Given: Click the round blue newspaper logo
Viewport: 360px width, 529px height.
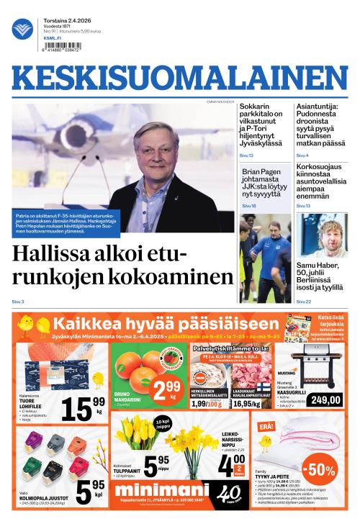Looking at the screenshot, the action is pyautogui.click(x=22, y=29).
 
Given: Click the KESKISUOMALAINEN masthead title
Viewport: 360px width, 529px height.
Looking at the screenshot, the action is pyautogui.click(x=179, y=81).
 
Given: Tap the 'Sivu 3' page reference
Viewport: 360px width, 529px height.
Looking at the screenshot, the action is pyautogui.click(x=18, y=302).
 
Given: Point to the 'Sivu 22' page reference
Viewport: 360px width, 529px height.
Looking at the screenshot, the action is pyautogui.click(x=303, y=302).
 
